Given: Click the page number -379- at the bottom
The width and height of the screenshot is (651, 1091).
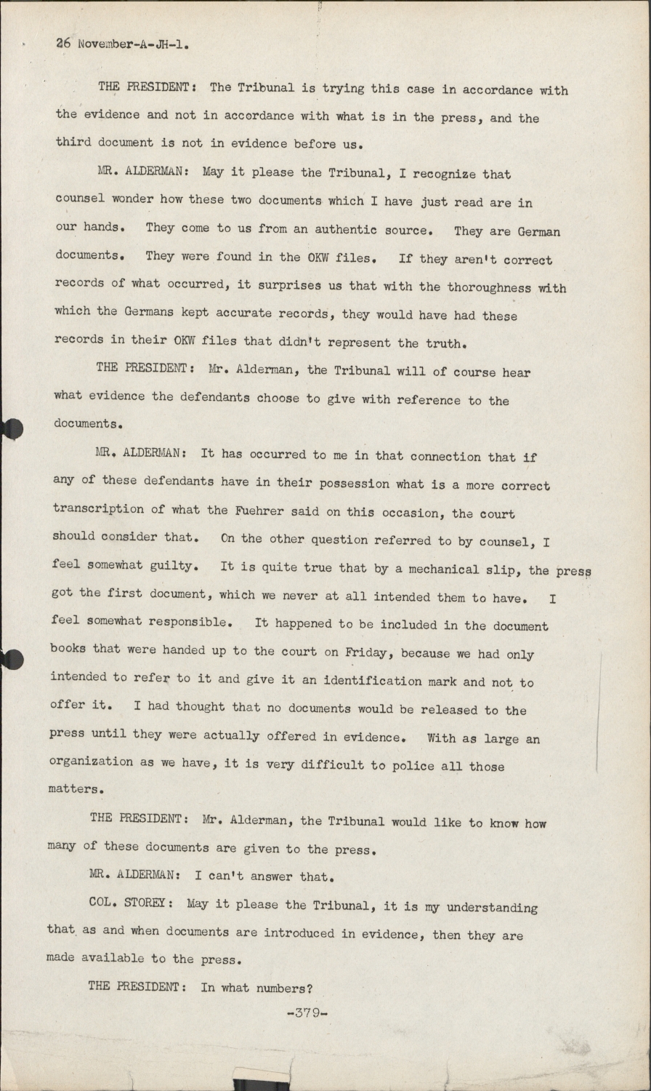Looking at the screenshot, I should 308,1012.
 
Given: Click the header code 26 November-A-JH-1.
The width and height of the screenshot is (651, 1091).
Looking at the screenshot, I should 123,44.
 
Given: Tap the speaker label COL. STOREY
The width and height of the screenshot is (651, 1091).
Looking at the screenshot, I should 130,904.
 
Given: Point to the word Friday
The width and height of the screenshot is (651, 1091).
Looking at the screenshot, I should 368,652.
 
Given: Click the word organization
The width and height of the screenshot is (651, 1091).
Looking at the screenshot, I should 90,762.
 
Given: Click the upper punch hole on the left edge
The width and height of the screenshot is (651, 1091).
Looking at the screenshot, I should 10,429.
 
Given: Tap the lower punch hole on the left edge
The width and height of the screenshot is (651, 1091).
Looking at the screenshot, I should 10,659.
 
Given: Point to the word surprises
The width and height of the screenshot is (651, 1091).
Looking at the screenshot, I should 285,285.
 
